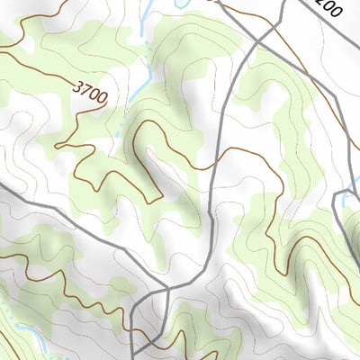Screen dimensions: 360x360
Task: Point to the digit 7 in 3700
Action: tap(83, 91)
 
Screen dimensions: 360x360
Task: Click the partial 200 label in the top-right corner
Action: tap(329, 9)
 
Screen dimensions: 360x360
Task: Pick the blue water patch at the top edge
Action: tap(175, 4)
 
